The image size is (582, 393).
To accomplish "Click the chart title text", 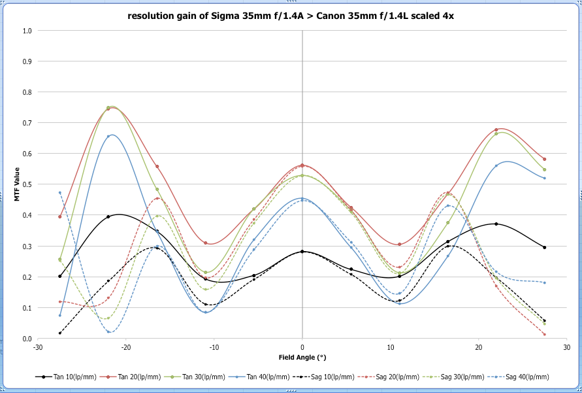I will coord(291,16).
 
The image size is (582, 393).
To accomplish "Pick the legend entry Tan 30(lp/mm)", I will coord(205,377).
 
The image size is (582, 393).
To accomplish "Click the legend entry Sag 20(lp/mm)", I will coord(399,377).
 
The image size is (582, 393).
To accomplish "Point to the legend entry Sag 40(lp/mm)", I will coord(529,377).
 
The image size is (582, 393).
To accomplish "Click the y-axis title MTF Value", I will coord(18,185).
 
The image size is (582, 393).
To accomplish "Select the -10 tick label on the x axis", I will coord(214,347).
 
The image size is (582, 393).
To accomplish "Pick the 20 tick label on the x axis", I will coord(479,347).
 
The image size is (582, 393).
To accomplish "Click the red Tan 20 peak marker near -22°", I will coord(108,108).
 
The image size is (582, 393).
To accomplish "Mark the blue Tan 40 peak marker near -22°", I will coord(108,137).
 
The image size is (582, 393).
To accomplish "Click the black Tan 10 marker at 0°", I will coord(302,251).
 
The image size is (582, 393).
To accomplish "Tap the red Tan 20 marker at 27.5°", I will coord(544,159).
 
